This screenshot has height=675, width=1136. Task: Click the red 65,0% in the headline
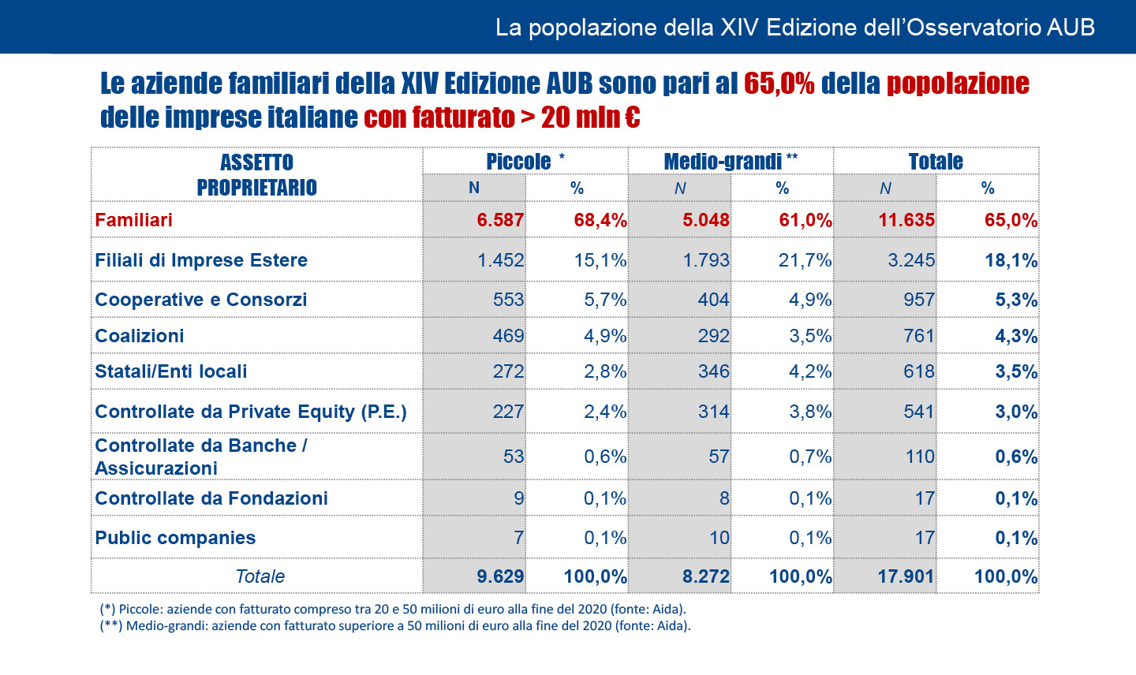(779, 84)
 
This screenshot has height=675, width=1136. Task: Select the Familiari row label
(133, 220)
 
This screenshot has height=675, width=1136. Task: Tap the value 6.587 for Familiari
(500, 220)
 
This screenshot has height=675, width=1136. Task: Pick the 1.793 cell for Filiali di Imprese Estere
(706, 260)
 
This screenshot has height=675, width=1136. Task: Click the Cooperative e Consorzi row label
(200, 300)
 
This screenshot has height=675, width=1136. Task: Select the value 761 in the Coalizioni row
(919, 336)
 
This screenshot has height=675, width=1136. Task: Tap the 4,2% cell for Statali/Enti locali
(810, 371)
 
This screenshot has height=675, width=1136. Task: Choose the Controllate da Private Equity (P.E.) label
(251, 412)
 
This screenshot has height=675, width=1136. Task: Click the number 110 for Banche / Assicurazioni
(920, 457)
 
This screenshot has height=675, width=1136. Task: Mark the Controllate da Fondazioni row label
(211, 498)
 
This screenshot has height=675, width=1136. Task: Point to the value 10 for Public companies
(719, 538)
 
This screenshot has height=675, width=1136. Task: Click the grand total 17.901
(906, 576)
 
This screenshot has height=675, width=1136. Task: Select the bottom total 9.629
(500, 576)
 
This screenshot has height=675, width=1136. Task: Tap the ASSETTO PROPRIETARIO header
(256, 174)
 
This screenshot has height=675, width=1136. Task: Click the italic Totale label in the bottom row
(260, 576)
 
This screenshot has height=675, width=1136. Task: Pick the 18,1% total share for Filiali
(1011, 260)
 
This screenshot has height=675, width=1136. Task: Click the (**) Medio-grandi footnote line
(395, 626)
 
